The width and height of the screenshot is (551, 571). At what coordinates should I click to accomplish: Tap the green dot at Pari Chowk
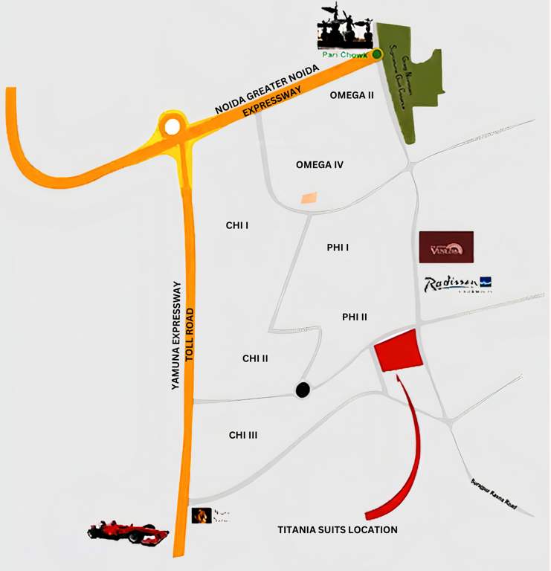click(377, 54)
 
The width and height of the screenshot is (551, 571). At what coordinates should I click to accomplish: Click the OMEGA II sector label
click(351, 95)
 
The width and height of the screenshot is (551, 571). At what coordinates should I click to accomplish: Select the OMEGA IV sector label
click(319, 164)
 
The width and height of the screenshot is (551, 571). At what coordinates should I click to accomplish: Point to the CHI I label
click(236, 225)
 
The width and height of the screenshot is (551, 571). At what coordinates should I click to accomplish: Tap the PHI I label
click(338, 248)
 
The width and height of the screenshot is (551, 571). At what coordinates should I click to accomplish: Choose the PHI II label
click(355, 317)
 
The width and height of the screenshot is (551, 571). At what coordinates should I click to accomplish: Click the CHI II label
click(255, 358)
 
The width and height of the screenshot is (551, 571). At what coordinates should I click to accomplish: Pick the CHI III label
click(243, 435)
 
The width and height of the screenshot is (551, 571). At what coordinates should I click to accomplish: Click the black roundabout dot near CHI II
click(303, 390)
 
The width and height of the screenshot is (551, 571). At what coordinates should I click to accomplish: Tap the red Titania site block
click(398, 350)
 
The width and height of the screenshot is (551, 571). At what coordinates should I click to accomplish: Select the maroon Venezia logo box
click(446, 248)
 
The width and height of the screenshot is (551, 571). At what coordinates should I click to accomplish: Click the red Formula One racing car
click(128, 532)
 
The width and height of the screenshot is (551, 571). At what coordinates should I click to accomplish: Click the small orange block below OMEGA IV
click(308, 198)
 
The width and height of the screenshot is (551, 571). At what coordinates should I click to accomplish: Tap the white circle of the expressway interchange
click(173, 126)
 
